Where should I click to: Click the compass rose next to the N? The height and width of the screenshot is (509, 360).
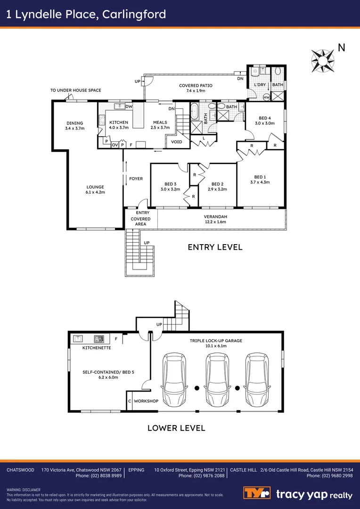(x=323, y=61)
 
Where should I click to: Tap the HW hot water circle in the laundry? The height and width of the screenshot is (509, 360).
(x=267, y=97)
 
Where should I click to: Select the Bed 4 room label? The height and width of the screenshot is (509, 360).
(x=264, y=121)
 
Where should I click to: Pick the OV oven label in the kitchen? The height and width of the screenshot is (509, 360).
(x=115, y=145)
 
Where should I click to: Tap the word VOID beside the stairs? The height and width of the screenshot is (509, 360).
(x=177, y=142)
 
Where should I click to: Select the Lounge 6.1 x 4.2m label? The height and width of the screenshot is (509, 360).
(x=95, y=189)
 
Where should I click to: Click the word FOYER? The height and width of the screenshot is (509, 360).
(x=136, y=179)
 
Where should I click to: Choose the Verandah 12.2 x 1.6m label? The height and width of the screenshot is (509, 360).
(x=214, y=219)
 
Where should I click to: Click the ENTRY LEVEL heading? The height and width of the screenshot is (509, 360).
(x=215, y=247)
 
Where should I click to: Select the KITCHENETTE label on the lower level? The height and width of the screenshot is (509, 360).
(x=97, y=348)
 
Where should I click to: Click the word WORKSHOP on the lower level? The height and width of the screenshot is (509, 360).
(x=146, y=401)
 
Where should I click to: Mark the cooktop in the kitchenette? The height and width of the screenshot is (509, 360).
(x=99, y=339)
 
